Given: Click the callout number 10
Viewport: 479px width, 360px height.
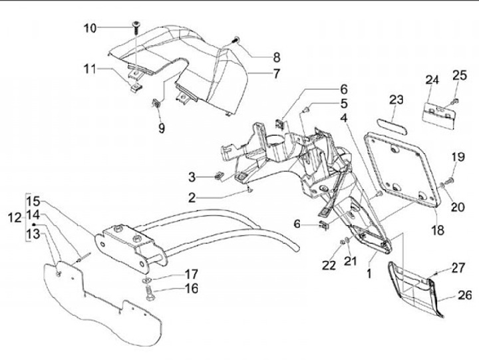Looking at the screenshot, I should [x=90, y=28].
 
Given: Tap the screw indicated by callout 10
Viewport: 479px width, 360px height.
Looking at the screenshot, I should [x=136, y=26].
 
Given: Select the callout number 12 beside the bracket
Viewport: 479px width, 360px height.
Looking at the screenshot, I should [x=15, y=217].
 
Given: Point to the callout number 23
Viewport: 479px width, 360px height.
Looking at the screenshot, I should [x=397, y=100].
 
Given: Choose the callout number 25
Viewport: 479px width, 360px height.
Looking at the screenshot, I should [x=460, y=76].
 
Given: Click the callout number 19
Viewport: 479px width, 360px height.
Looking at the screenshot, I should [x=458, y=157].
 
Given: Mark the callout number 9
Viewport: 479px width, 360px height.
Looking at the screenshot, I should [x=161, y=129].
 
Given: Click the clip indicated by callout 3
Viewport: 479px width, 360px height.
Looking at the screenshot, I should [x=218, y=176].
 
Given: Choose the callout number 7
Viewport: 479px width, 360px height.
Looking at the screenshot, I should [x=276, y=75].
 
